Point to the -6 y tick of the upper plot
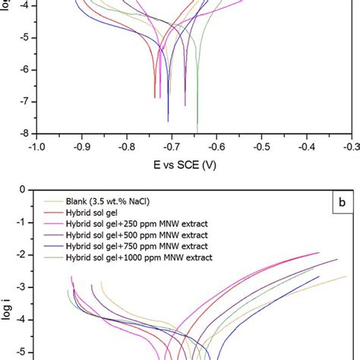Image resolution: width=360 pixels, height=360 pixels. click(24, 69)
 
